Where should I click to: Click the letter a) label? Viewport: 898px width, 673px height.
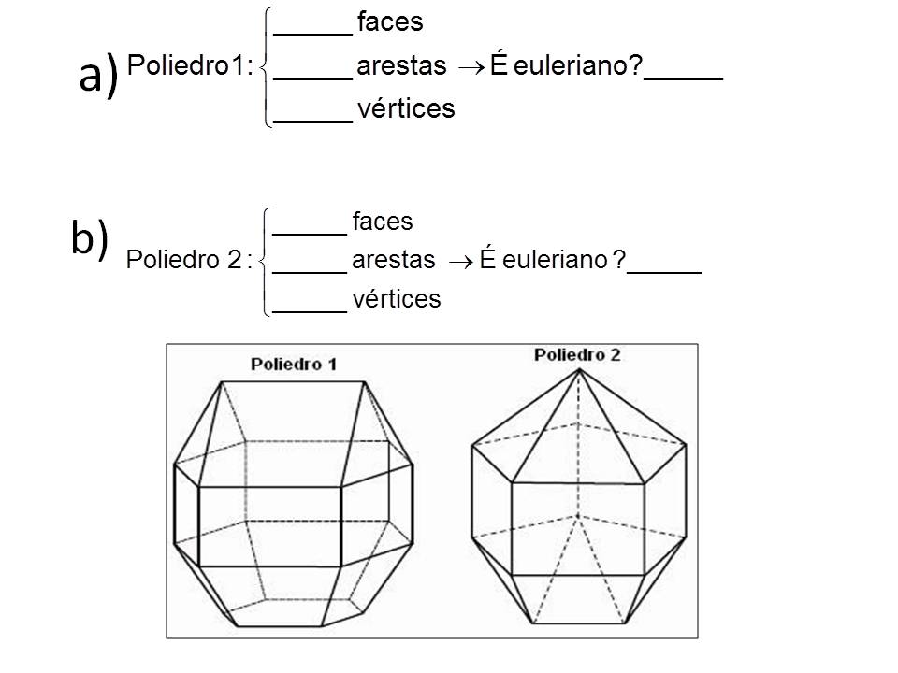(x=98, y=74)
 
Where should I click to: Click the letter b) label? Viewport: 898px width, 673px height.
(x=90, y=239)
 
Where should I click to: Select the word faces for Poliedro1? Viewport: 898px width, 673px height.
(x=390, y=21)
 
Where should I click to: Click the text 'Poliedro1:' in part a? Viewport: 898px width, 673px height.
(x=190, y=66)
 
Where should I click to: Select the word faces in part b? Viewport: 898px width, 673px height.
(x=384, y=222)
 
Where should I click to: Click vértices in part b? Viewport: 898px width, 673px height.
(x=397, y=299)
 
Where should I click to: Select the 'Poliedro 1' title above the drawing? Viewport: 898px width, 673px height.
(x=293, y=364)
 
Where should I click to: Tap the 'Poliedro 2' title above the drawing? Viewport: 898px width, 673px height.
(x=577, y=355)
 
